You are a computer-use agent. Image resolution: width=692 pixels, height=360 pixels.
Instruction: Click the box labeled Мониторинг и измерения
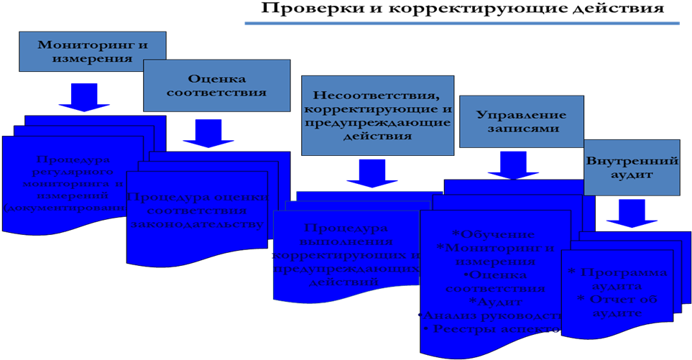(x=92, y=52)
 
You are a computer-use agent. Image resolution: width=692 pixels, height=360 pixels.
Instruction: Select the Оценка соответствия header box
(x=216, y=86)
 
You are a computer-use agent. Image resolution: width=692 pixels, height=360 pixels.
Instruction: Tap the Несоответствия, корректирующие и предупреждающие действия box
(x=377, y=115)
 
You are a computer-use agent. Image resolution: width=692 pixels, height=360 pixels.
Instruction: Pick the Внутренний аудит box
(x=632, y=167)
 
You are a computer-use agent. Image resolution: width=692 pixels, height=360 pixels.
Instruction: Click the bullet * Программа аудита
(x=617, y=279)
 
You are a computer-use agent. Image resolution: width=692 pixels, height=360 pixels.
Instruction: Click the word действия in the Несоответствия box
(x=377, y=136)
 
